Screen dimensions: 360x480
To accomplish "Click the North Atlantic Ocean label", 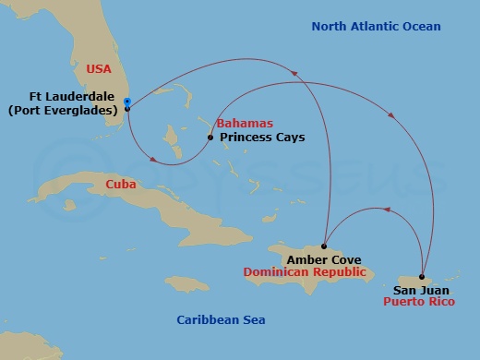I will click(x=376, y=27).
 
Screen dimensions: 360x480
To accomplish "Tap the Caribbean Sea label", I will click(x=221, y=319).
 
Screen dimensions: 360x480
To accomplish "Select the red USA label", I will click(x=100, y=69).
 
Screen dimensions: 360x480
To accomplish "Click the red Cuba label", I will click(x=122, y=185).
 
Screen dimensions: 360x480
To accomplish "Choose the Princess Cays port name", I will click(x=262, y=138).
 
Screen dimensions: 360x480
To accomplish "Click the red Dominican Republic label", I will click(x=305, y=272).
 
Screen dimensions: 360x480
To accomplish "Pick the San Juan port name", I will click(x=416, y=289).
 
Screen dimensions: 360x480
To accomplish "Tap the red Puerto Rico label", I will click(x=420, y=301).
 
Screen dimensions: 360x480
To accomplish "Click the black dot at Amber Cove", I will click(x=324, y=246).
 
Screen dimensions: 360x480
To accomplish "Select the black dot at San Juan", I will click(x=422, y=277).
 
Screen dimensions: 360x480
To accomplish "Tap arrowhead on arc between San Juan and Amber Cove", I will click(x=387, y=210).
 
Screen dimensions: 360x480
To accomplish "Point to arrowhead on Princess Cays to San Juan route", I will click(x=392, y=117).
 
